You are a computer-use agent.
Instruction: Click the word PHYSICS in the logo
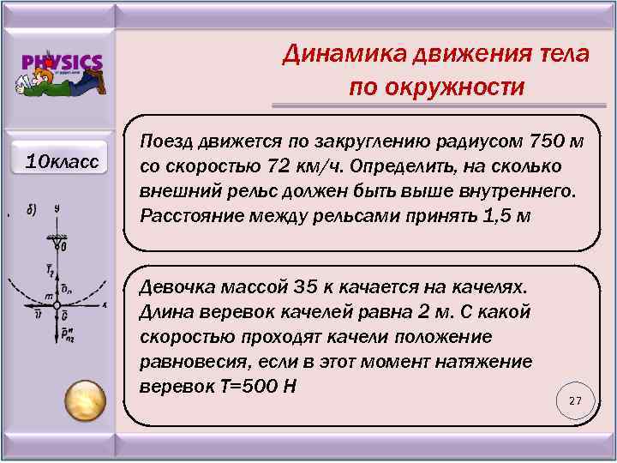(63, 62)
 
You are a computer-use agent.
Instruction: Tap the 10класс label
(62, 160)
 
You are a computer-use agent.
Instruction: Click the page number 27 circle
(575, 401)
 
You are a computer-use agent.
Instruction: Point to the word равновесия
(186, 360)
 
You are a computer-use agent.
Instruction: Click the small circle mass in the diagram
(56, 304)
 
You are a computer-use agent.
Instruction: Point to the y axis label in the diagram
(56, 208)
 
